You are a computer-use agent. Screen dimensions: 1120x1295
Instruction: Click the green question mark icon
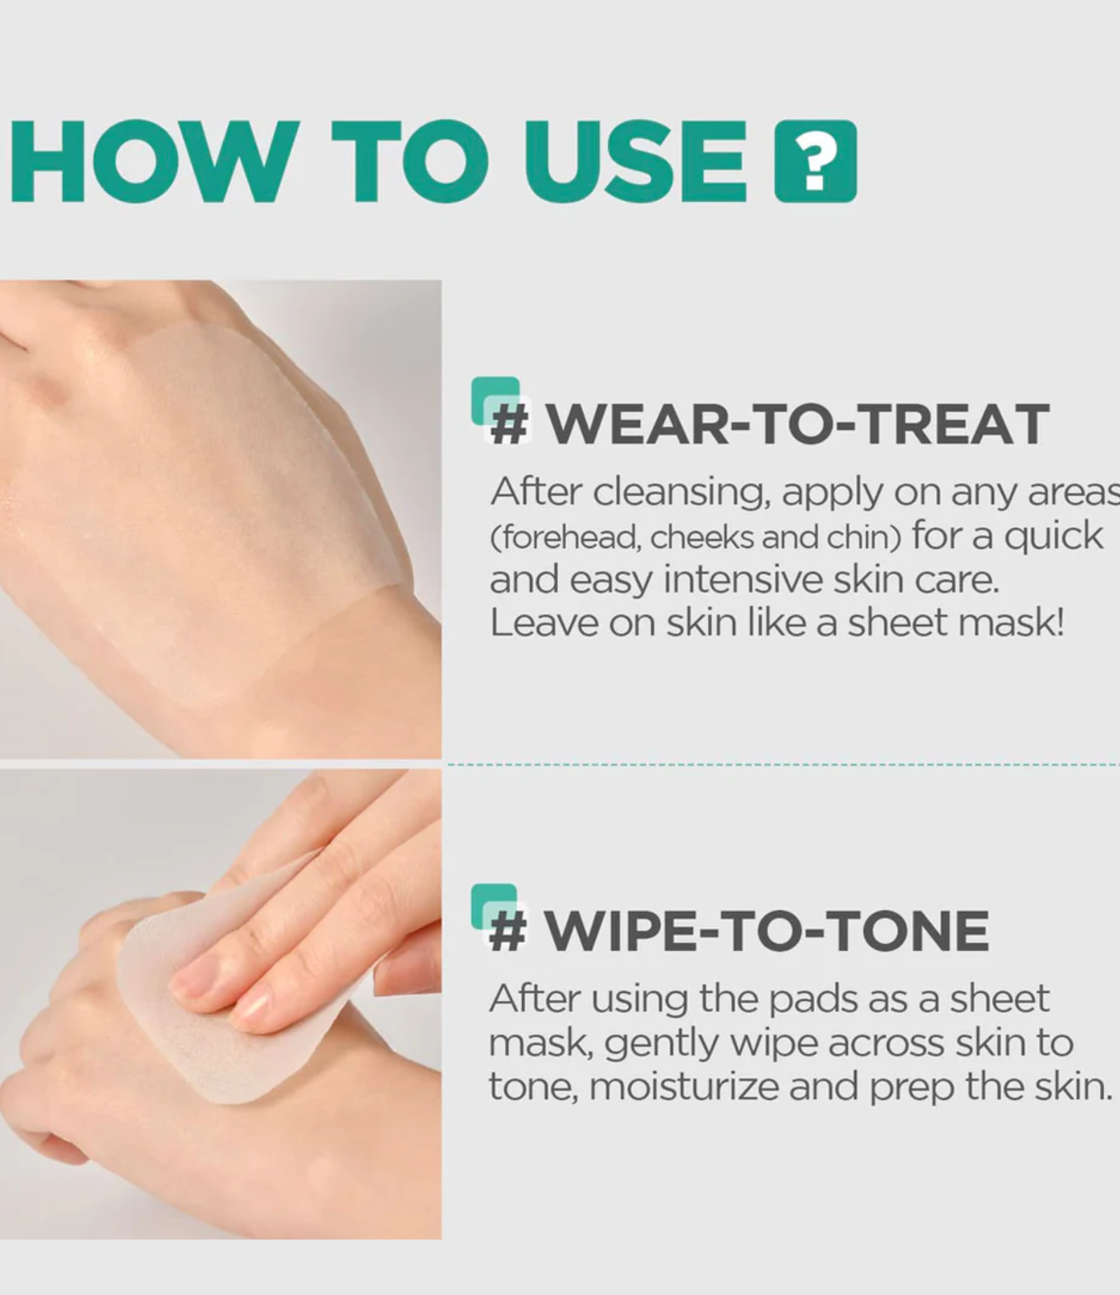click(x=815, y=161)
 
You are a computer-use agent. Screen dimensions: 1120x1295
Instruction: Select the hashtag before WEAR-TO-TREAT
click(x=509, y=425)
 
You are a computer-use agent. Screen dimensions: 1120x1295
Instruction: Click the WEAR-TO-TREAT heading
click(x=798, y=425)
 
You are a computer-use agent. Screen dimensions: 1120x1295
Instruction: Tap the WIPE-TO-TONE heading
click(x=767, y=931)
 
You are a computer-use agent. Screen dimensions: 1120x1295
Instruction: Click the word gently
click(x=661, y=1045)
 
